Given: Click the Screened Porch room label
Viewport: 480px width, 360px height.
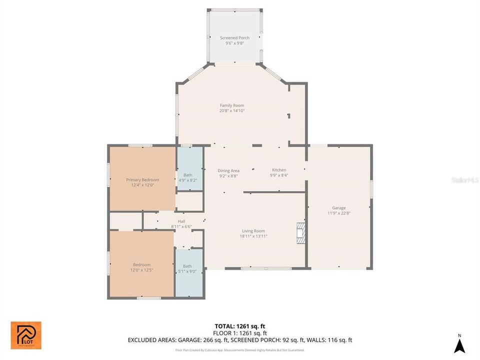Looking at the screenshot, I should (234, 38).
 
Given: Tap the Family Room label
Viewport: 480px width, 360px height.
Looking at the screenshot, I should (232, 105).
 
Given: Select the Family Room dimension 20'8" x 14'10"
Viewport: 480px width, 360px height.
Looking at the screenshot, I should (232, 111).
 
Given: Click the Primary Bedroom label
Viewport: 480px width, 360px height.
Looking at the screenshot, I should (142, 180).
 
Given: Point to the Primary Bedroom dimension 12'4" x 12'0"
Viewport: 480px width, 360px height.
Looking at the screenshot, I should (142, 185).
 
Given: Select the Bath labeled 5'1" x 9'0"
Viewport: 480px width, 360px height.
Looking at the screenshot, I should (187, 269).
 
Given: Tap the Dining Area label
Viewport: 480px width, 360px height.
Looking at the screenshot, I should (228, 170).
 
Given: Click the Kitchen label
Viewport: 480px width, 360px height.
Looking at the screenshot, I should (279, 170).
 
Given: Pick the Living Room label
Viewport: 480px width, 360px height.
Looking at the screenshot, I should (253, 231).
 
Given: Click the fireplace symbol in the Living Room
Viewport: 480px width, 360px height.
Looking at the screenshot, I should (300, 233).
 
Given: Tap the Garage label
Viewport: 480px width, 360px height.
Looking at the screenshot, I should (339, 208).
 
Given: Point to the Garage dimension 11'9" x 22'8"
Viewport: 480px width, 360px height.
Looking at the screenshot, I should (339, 213).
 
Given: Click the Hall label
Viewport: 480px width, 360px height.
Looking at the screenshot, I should (181, 221).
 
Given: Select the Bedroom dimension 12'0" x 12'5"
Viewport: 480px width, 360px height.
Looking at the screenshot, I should (141, 270).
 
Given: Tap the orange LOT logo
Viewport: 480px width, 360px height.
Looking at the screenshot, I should (26, 335).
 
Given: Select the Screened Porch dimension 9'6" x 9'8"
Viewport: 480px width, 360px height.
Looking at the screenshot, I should (234, 43).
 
